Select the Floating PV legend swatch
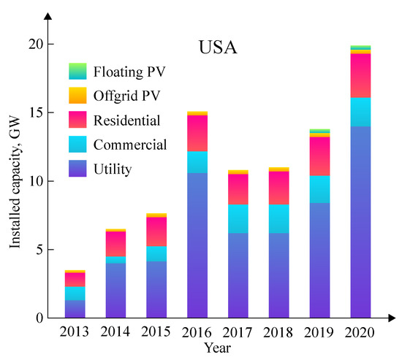click(77, 72)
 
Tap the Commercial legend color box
click(77, 144)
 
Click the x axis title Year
click(217, 348)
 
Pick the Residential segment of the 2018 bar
click(278, 188)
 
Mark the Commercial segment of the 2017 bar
click(238, 219)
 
